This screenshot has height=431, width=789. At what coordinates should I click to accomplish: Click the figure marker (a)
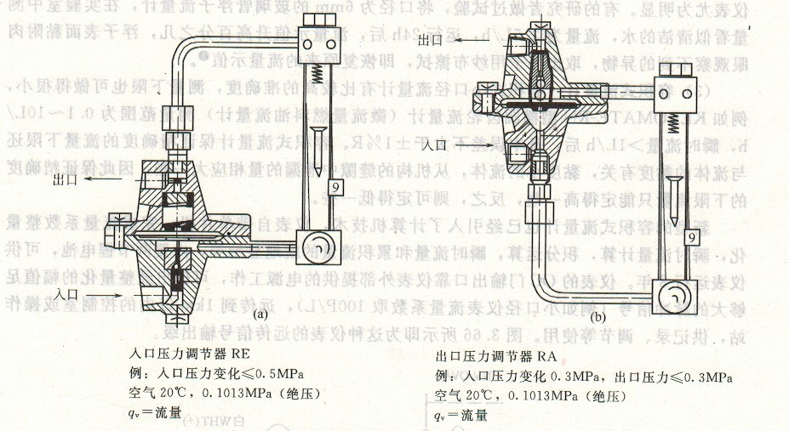[x=258, y=313]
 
